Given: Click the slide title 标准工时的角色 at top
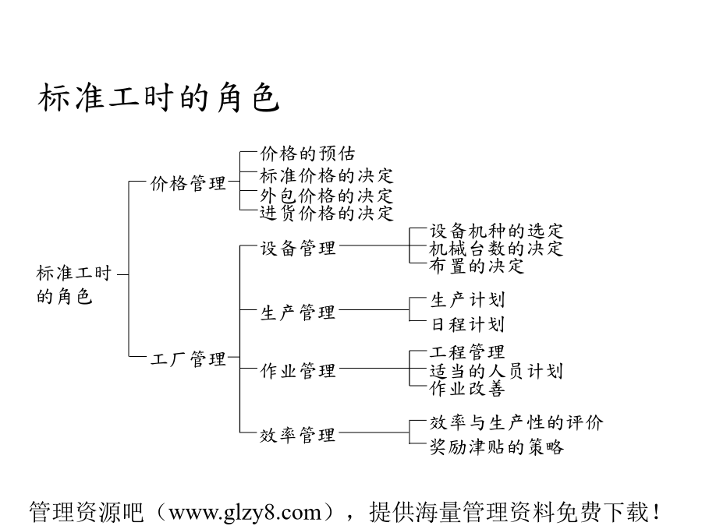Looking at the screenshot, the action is pyautogui.click(x=159, y=97).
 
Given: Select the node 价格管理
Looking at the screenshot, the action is pyautogui.click(x=188, y=183).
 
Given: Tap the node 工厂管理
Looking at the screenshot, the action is pyautogui.click(x=188, y=358).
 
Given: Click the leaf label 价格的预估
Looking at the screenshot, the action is pyautogui.click(x=307, y=154).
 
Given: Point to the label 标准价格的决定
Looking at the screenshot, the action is pyautogui.click(x=326, y=176).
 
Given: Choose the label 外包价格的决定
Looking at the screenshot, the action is pyautogui.click(x=326, y=196).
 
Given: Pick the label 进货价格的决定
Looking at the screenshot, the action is pyautogui.click(x=326, y=213).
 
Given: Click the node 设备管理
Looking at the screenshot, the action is pyautogui.click(x=298, y=248).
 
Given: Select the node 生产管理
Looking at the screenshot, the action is pyautogui.click(x=298, y=312).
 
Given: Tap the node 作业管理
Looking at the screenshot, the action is pyautogui.click(x=298, y=370).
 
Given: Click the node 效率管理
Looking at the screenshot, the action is pyautogui.click(x=298, y=435).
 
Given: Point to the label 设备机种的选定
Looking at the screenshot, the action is pyautogui.click(x=497, y=231).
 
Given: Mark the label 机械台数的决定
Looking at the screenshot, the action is pyautogui.click(x=497, y=249).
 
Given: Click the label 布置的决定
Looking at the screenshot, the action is pyautogui.click(x=477, y=266).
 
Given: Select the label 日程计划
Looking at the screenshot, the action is pyautogui.click(x=468, y=324).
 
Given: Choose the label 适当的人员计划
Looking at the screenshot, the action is pyautogui.click(x=497, y=371).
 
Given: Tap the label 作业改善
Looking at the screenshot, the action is pyautogui.click(x=467, y=388).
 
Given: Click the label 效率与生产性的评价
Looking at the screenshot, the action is pyautogui.click(x=516, y=422).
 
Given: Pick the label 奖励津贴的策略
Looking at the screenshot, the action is pyautogui.click(x=497, y=447).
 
